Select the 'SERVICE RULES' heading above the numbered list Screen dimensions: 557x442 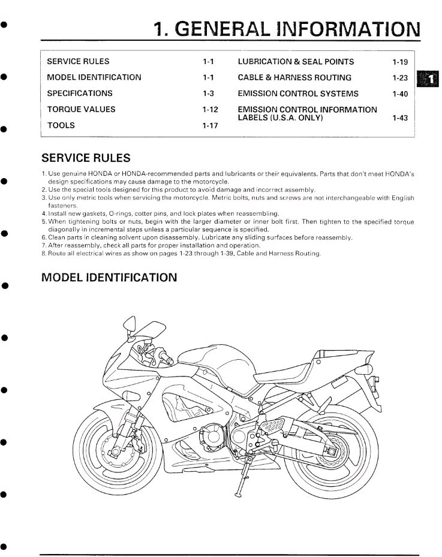click(x=85, y=158)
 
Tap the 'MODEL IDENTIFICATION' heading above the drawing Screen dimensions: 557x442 click(x=109, y=278)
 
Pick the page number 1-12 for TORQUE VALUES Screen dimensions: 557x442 click(x=209, y=110)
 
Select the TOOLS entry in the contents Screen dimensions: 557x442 click(x=61, y=125)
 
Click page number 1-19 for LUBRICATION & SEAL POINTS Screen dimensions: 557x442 click(x=399, y=62)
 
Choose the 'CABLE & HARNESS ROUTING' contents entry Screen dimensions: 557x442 click(x=294, y=77)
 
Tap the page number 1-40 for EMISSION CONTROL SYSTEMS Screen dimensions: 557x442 click(x=399, y=94)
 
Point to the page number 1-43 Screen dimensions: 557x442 click(x=399, y=118)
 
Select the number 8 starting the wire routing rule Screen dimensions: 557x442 click(x=44, y=254)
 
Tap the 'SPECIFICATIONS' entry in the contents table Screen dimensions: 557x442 click(x=79, y=94)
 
